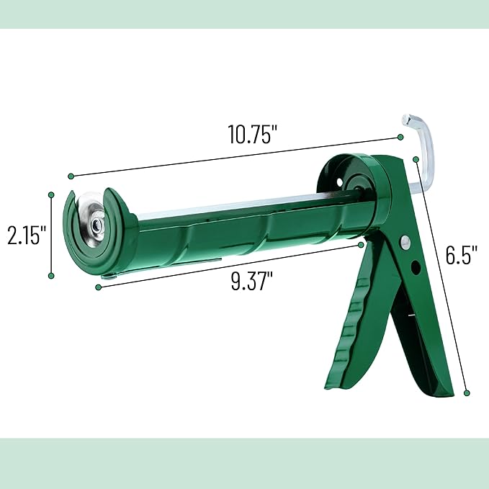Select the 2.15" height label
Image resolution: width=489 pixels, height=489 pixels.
point(27,234)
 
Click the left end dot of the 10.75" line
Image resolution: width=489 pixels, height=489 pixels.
point(71,176)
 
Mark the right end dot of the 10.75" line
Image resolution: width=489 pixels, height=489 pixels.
point(400,137)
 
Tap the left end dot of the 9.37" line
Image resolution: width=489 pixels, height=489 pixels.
point(98,287)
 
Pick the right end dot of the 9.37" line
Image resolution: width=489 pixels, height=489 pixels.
point(362,245)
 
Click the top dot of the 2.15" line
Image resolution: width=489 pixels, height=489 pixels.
point(51,194)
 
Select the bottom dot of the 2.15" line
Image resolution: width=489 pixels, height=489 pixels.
point(51,274)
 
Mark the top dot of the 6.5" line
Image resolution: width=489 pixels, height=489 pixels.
point(416,159)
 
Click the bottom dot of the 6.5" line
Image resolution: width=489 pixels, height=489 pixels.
point(467,393)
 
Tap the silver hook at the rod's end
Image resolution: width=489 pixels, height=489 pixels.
point(421,144)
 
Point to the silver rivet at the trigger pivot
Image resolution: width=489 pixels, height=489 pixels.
point(404,242)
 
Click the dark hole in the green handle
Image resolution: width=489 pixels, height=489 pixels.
point(416,268)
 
